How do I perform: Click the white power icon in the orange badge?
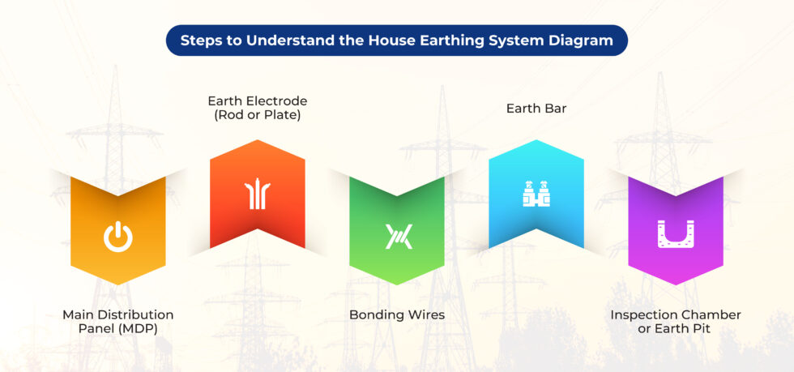click(117, 237)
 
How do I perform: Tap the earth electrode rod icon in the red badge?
click(257, 195)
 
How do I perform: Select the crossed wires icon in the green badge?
click(397, 237)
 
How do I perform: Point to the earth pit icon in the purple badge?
click(676, 234)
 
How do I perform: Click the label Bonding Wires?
click(397, 314)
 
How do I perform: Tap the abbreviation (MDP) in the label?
click(143, 329)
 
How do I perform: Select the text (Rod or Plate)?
click(258, 115)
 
